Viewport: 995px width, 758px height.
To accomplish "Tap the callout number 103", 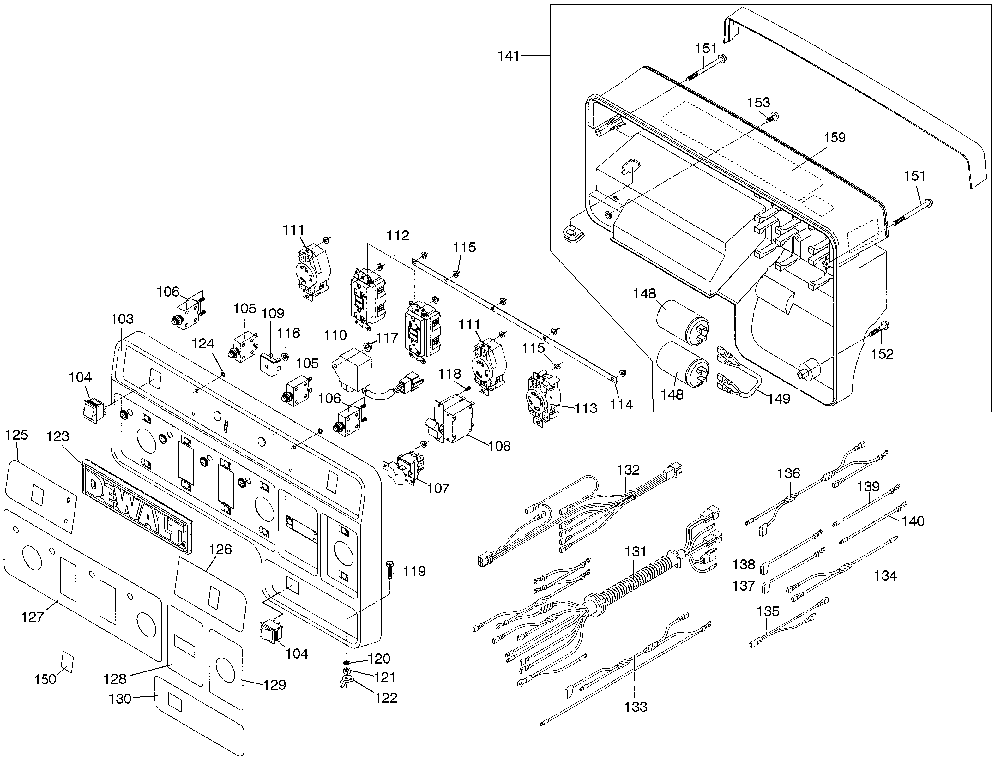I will click(x=122, y=319).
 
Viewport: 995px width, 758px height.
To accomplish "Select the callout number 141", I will click(x=509, y=57).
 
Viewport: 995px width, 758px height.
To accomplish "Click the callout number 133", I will click(x=636, y=707).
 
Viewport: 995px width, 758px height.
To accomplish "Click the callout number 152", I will click(x=882, y=354).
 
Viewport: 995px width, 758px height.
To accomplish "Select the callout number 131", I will click(x=635, y=551).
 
